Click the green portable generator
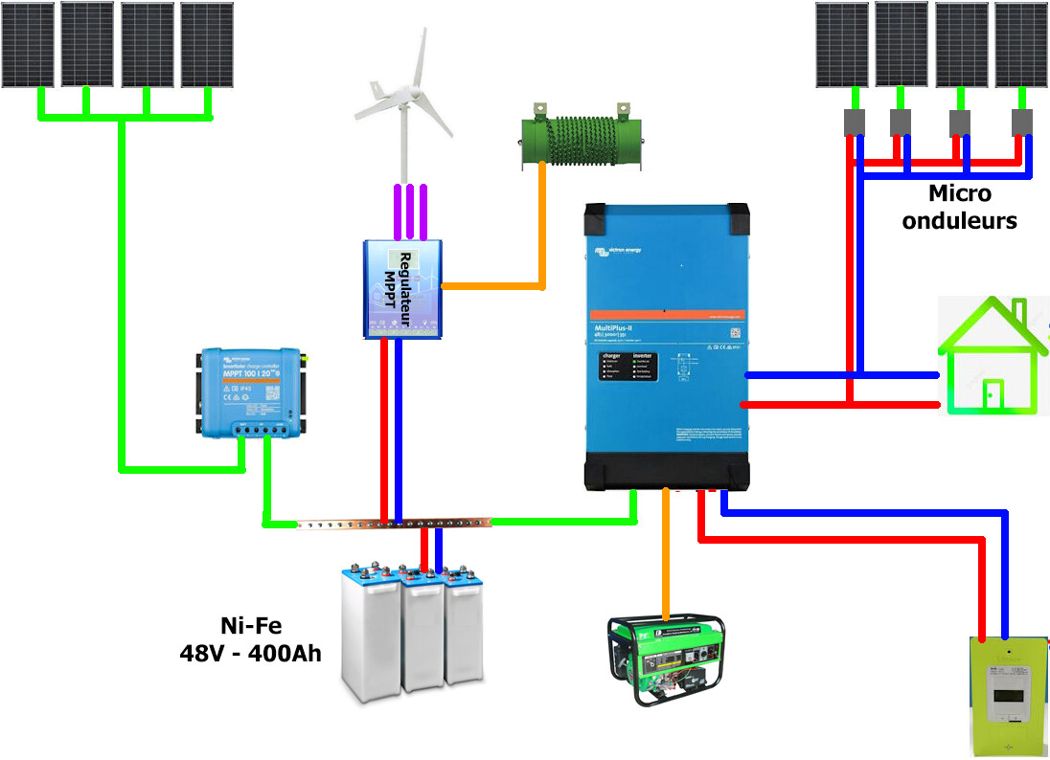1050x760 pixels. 667,661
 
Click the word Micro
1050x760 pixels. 960,194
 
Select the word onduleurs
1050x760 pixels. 960,221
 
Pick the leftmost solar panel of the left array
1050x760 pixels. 27,44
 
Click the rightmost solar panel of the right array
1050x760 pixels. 1021,44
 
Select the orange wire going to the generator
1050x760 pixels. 665,555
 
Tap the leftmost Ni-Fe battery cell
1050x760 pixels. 371,632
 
